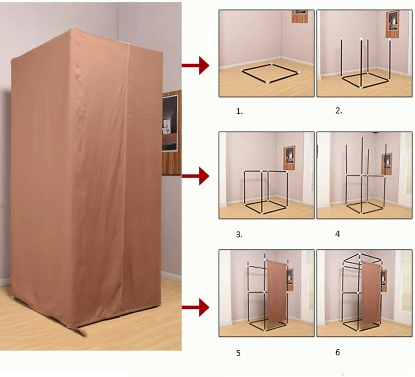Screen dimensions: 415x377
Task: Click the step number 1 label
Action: click(239, 112)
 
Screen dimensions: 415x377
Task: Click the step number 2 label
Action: click(339, 111)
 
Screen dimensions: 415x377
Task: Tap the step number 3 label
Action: click(239, 235)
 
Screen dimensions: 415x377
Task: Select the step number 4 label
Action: click(338, 234)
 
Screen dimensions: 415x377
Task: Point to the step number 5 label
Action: click(238, 353)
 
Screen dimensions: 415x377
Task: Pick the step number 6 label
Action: click(338, 352)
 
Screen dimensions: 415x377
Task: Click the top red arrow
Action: click(196, 66)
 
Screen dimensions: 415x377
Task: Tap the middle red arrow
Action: click(196, 176)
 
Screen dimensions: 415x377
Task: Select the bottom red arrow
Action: click(196, 307)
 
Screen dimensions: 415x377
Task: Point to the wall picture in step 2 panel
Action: click(392, 24)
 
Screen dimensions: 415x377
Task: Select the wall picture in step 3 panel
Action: click(289, 158)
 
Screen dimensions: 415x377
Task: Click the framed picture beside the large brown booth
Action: click(171, 133)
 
